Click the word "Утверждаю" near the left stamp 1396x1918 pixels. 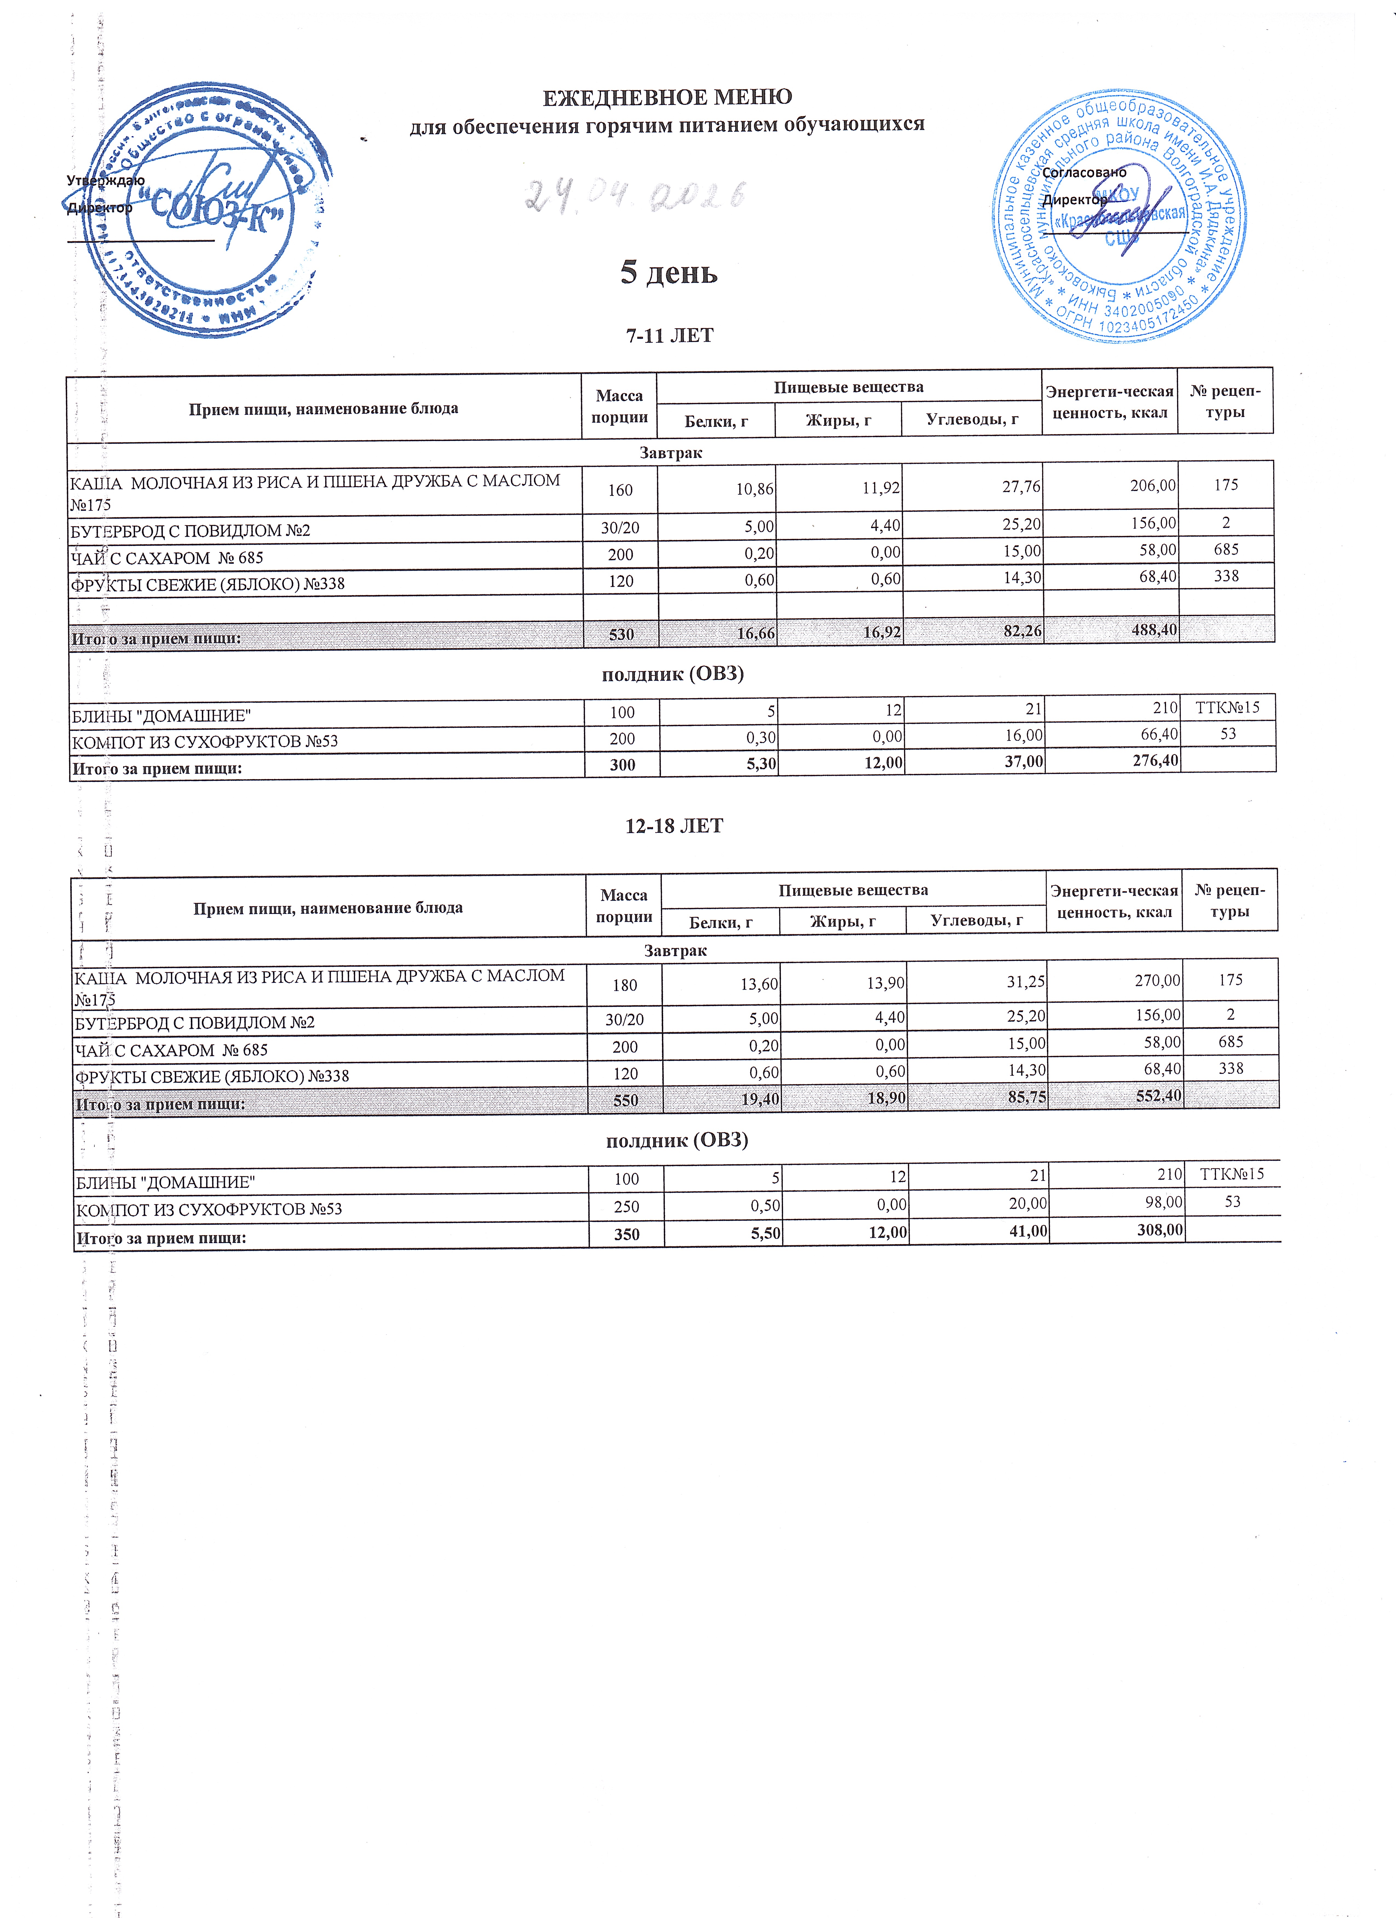click(x=106, y=180)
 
